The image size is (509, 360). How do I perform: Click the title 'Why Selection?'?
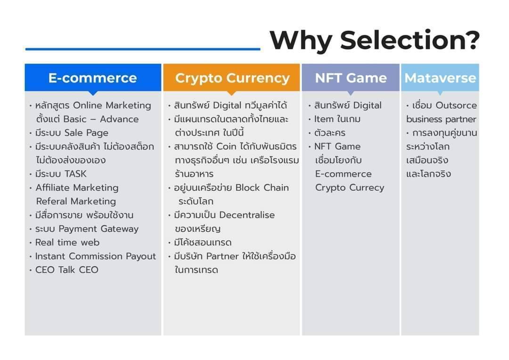(374, 40)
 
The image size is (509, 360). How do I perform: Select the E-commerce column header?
(93, 78)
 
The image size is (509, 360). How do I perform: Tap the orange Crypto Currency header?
(231, 78)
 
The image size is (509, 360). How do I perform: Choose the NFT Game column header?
(351, 78)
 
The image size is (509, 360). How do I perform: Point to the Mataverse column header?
(440, 78)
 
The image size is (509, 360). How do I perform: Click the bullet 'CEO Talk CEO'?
(66, 270)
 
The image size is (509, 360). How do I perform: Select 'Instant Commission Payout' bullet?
(95, 256)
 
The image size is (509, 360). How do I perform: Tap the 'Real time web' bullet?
(67, 243)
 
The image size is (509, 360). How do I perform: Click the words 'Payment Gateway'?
(99, 229)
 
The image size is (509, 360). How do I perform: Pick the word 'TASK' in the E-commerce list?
(75, 174)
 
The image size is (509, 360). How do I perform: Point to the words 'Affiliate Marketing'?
(77, 188)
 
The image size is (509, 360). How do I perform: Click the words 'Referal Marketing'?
(76, 201)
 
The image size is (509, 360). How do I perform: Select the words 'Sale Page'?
(86, 133)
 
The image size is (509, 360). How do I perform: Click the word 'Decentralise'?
(247, 215)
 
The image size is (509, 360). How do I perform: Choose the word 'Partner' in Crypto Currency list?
(222, 256)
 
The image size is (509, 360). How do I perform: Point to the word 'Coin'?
(226, 147)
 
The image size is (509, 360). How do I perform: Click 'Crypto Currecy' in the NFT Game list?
(350, 188)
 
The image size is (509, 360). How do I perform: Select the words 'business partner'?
(441, 119)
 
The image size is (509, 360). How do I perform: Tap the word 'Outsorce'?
(456, 106)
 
